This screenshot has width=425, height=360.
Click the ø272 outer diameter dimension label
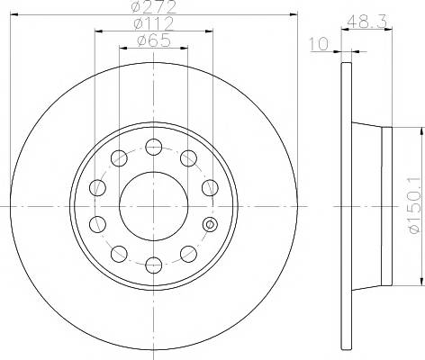tap(154, 7)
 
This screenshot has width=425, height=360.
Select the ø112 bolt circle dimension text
tap(154, 23)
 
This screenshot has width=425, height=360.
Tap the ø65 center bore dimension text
tap(154, 40)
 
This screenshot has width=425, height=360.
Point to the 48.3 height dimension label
tap(367, 22)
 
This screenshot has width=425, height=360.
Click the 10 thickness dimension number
tap(319, 44)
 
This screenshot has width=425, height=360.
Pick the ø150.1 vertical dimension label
tap(416, 205)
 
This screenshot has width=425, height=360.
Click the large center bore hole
tap(154, 206)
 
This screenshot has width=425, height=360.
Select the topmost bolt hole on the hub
tap(154, 147)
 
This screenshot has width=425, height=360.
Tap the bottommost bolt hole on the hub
tap(154, 265)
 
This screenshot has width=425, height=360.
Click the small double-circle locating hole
tap(210, 224)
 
